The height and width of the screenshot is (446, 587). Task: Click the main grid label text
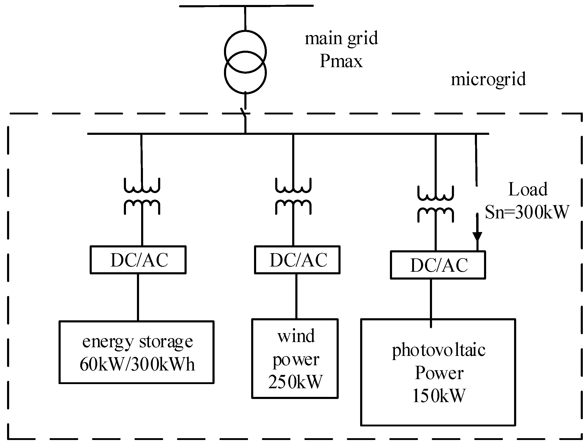tap(341, 38)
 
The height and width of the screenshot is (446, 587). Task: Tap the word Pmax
tap(341, 61)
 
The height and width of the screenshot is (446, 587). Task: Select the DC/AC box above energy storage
tap(138, 260)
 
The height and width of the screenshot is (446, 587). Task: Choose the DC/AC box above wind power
tap(297, 260)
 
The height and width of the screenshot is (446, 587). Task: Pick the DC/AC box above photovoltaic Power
tap(438, 265)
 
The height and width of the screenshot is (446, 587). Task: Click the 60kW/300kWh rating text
tap(137, 364)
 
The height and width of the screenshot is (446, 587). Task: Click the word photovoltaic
tap(439, 350)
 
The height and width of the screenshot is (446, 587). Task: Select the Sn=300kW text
tap(527, 212)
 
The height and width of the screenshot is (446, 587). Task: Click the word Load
tap(528, 189)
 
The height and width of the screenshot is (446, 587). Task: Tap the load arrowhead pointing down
tap(477, 236)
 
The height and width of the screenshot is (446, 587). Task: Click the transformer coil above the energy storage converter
tap(142, 196)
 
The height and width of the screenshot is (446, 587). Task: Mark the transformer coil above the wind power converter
tap(293, 196)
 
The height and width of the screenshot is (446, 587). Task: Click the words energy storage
tap(137, 342)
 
